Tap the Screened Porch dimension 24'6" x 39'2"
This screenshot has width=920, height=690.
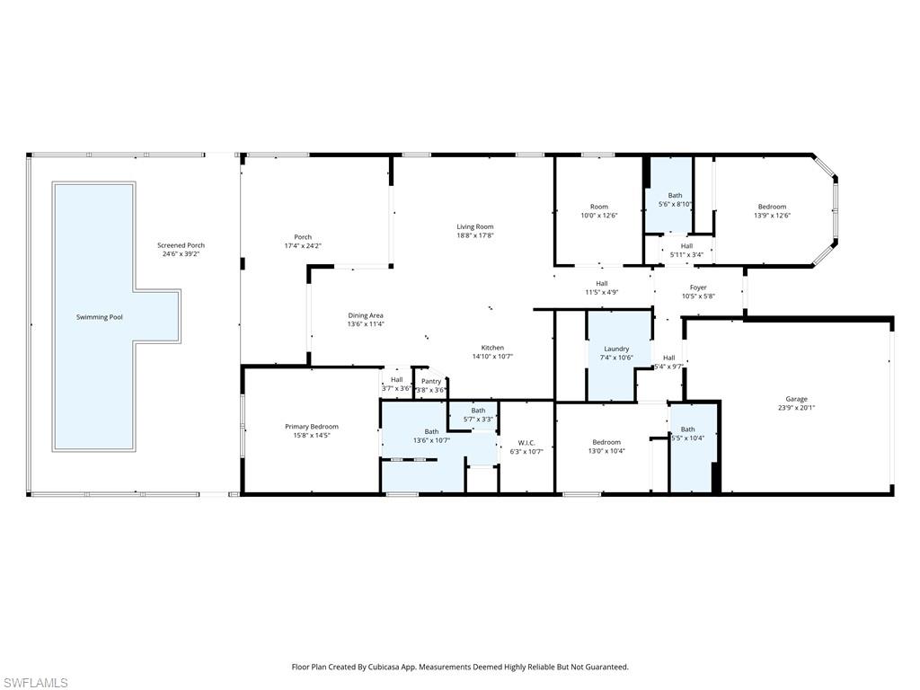click(181, 254)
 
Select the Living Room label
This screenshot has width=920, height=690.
click(474, 226)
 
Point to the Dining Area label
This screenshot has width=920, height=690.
click(366, 315)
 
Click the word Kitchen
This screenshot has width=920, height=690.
click(492, 348)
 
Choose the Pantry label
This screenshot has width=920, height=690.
click(431, 381)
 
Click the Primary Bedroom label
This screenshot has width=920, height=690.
click(312, 427)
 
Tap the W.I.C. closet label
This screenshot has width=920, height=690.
click(526, 442)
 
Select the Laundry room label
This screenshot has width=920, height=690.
click(616, 349)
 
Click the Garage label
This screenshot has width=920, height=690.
click(796, 399)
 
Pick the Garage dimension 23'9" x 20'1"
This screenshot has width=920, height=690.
click(796, 408)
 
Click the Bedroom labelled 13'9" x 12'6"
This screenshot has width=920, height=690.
click(771, 207)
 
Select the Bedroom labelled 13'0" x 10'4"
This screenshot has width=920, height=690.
click(606, 442)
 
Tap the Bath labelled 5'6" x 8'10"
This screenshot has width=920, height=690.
click(675, 196)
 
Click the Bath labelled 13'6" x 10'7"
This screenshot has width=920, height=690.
click(432, 431)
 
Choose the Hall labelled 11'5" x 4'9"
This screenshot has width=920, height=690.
click(602, 284)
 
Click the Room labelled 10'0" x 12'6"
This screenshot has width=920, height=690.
click(598, 207)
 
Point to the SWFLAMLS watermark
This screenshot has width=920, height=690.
click(35, 683)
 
